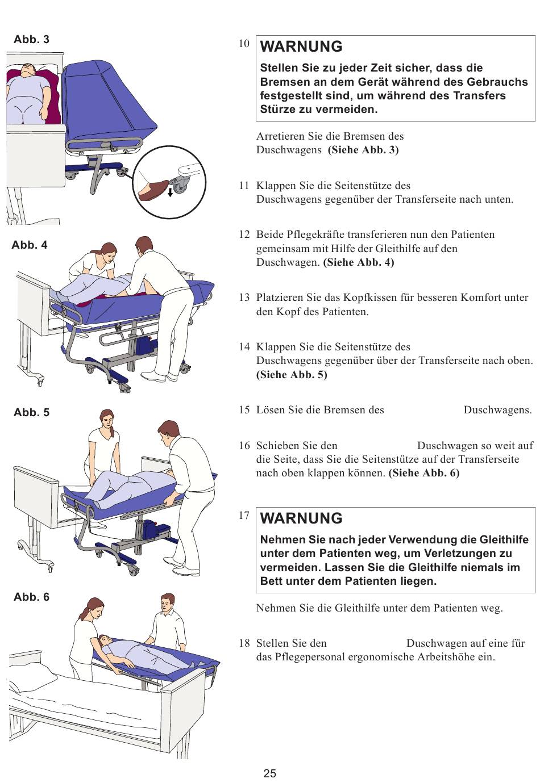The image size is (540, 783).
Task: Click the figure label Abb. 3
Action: pyautogui.click(x=31, y=39)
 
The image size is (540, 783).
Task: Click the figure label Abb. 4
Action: pyautogui.click(x=30, y=245)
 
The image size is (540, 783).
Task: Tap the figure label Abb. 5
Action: pyautogui.click(x=31, y=412)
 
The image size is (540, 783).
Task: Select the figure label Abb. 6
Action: pyautogui.click(x=31, y=597)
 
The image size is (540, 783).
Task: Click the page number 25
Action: pyautogui.click(x=270, y=773)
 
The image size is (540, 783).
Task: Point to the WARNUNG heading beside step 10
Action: pyautogui.click(x=301, y=47)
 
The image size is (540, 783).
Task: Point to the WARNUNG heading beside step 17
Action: pyautogui.click(x=301, y=518)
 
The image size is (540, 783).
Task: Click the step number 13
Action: pyautogui.click(x=244, y=298)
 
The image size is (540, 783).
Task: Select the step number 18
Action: pyautogui.click(x=244, y=643)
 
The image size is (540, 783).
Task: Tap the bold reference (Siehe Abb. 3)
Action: pyautogui.click(x=363, y=150)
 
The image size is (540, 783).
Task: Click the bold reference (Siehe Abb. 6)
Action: pyautogui.click(x=424, y=473)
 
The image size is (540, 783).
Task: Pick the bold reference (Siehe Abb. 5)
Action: pyautogui.click(x=292, y=375)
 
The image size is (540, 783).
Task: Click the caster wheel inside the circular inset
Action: pyautogui.click(x=181, y=184)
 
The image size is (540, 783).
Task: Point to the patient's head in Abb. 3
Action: pyautogui.click(x=27, y=70)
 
